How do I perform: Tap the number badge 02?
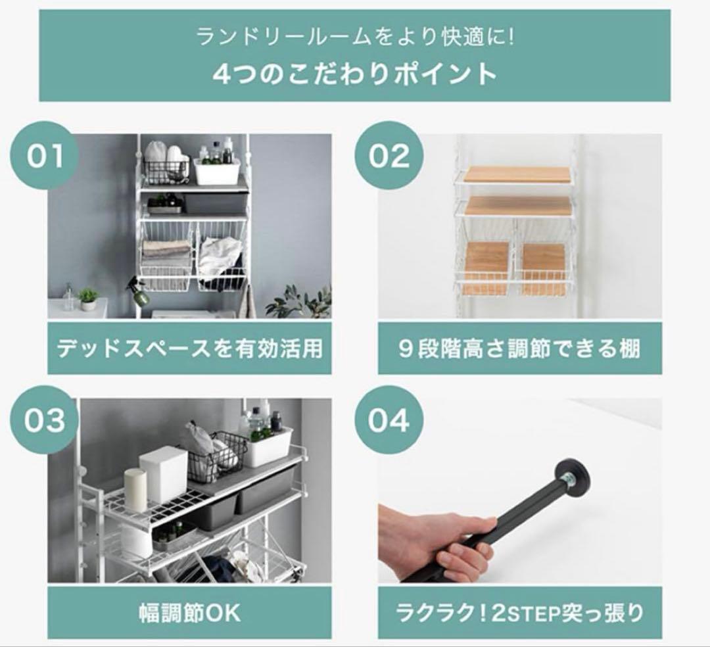[389, 156]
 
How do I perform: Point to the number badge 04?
[389, 419]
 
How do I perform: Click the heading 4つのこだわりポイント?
[354, 74]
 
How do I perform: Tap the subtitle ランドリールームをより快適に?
[354, 36]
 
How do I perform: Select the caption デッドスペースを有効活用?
[189, 347]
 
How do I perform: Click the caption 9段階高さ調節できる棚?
[519, 347]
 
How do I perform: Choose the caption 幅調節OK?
[189, 613]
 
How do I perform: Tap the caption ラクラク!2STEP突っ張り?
[519, 613]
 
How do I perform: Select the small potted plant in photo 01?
[88, 299]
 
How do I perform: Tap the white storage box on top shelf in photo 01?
[217, 170]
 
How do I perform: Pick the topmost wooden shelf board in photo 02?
[517, 175]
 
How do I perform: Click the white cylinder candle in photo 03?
[136, 489]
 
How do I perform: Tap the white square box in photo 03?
[164, 474]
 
